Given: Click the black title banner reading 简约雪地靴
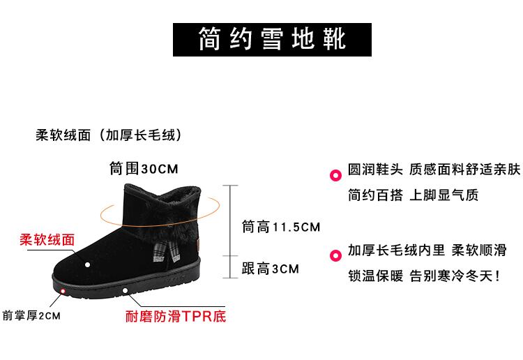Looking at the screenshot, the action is pyautogui.click(x=271, y=38).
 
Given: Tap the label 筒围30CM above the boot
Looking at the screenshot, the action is pyautogui.click(x=144, y=169).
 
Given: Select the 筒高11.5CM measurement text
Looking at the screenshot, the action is pyautogui.click(x=280, y=227).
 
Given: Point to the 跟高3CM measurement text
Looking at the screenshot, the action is pyautogui.click(x=270, y=269).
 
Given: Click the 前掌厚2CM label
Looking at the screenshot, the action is pyautogui.click(x=32, y=316).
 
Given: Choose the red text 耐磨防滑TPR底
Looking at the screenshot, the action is pyautogui.click(x=175, y=317).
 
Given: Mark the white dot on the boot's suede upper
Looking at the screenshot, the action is pyautogui.click(x=88, y=264).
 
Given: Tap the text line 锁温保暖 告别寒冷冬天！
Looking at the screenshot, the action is pyautogui.click(x=423, y=276).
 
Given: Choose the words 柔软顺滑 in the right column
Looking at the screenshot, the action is pyautogui.click(x=478, y=250).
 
